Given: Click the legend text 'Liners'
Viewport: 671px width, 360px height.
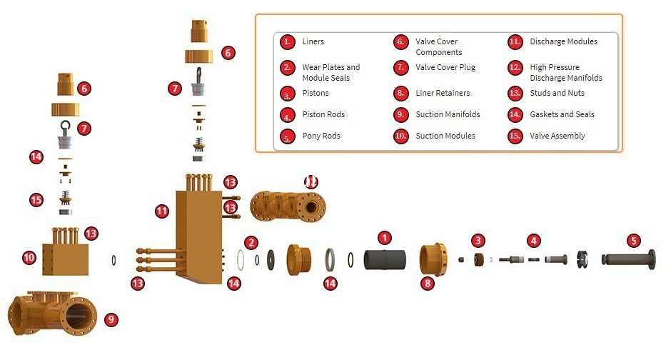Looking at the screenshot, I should (313, 41).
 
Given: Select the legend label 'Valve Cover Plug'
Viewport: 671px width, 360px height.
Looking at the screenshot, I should (445, 67).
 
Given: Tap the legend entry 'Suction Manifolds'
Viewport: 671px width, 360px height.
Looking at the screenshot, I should (448, 114).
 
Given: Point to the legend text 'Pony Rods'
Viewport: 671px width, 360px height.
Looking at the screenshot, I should (321, 136).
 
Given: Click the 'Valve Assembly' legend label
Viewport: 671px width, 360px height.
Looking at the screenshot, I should (557, 136).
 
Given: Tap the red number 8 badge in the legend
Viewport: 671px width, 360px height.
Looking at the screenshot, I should (402, 94).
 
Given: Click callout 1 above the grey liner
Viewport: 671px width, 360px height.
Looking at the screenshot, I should (385, 238).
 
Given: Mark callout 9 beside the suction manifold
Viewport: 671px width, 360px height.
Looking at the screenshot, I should (111, 319).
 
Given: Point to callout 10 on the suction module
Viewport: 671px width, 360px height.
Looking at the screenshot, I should (29, 257).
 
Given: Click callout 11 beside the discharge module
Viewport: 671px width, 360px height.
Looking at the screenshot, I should (162, 211).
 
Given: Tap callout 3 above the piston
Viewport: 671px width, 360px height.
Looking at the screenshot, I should (478, 241).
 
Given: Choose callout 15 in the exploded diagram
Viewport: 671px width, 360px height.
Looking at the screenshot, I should (36, 200).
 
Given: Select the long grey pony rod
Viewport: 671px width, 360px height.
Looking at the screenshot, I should (627, 259).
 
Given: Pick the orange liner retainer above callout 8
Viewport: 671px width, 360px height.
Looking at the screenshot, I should (433, 259).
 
